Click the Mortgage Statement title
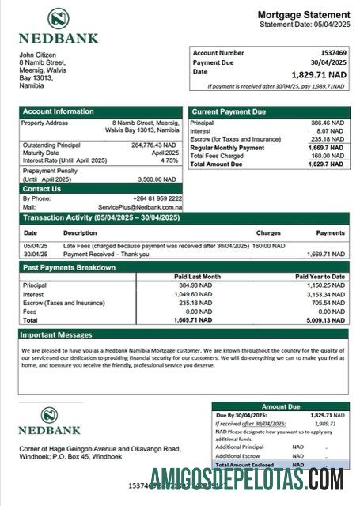tap(303, 15)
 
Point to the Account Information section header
tap(59, 111)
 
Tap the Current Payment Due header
tap(229, 111)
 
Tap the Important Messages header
tap(57, 334)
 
